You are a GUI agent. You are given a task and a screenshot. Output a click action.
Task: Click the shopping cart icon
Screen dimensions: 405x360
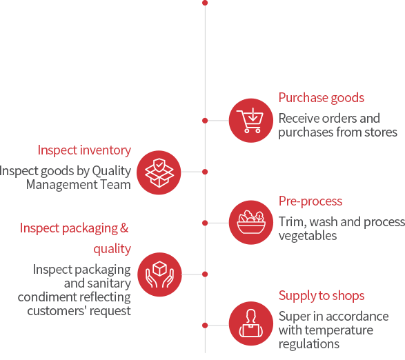pos(251,120)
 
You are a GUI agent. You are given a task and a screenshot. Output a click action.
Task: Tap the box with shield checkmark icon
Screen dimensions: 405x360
pos(159,172)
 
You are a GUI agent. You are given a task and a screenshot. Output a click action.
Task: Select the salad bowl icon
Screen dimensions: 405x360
pos(251,222)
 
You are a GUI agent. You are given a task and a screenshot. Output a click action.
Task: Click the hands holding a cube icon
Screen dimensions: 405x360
pos(159,274)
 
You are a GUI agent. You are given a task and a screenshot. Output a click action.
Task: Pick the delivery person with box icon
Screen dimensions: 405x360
pos(251,323)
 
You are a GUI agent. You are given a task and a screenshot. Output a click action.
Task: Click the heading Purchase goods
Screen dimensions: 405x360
pos(322,98)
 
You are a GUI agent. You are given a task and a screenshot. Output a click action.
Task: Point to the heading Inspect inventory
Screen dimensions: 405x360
pos(84,150)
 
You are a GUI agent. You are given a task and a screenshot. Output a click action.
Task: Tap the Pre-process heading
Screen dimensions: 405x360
pos(310,201)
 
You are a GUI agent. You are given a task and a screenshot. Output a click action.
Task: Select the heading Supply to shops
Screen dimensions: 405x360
pos(322,296)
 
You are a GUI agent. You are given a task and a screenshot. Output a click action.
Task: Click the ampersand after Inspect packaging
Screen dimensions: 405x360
pos(124,228)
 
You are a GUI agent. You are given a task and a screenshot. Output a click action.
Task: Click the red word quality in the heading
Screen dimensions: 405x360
pos(112,249)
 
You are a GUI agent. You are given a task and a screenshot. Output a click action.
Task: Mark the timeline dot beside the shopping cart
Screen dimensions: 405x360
pos(205,121)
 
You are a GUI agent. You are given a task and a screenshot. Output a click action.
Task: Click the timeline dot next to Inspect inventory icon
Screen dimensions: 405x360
pos(205,172)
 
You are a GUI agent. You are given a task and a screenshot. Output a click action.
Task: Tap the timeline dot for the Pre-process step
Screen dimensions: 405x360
pos(205,223)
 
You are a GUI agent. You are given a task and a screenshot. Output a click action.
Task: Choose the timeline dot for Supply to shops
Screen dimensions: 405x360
pos(205,326)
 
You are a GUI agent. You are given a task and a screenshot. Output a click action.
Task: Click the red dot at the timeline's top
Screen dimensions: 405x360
pos(205,3)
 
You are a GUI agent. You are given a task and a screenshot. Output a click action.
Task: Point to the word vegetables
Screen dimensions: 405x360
pos(308,236)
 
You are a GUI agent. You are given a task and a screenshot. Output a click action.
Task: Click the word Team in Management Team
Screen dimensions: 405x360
pos(115,185)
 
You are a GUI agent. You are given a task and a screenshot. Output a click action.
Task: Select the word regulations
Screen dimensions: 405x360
pos(309,344)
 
